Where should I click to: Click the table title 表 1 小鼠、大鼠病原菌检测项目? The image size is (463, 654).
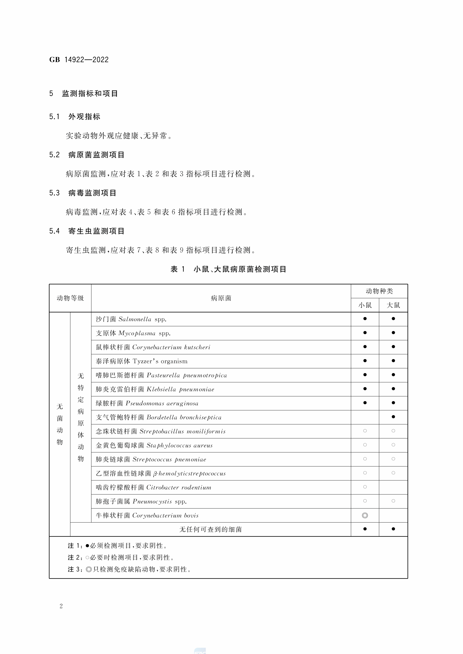tap(228, 269)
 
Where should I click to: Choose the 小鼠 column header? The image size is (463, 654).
tap(365, 305)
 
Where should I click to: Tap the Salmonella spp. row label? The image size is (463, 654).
tap(131, 319)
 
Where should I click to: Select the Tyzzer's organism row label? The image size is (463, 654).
tap(141, 361)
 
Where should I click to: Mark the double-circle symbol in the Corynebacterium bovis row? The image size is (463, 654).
tap(365, 515)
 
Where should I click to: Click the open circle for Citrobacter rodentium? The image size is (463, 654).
tap(365, 487)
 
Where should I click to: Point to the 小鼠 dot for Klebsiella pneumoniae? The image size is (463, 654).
tap(365, 389)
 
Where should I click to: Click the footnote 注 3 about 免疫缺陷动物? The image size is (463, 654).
tap(129, 569)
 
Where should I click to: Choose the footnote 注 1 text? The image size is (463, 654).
tap(117, 546)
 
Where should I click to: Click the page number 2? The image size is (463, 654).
tap(61, 606)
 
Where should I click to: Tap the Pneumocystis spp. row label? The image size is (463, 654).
tap(141, 501)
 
